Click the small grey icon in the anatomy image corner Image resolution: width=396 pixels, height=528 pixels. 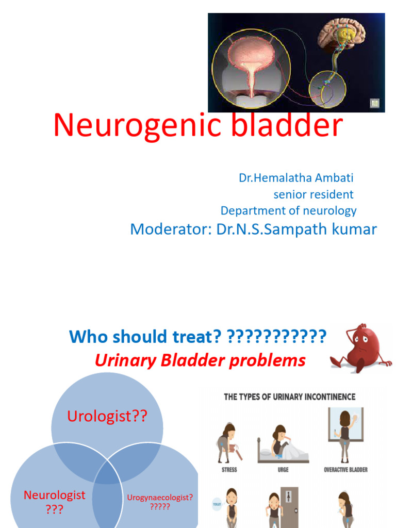[x=374, y=103]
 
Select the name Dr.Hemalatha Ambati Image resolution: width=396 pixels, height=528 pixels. [x=296, y=178]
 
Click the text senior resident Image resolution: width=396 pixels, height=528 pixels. [x=313, y=194]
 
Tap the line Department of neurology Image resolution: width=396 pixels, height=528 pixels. [x=288, y=210]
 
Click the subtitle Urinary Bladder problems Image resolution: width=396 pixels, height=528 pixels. [x=200, y=360]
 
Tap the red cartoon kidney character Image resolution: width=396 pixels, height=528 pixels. [x=361, y=347]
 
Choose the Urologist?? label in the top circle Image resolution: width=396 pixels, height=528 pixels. [x=107, y=417]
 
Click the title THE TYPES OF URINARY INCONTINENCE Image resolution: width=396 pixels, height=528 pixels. [x=289, y=397]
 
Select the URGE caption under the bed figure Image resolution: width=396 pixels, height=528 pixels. [x=283, y=470]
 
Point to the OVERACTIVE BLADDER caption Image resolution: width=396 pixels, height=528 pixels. [x=345, y=470]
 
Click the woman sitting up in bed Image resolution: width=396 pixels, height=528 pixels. [x=281, y=441]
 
